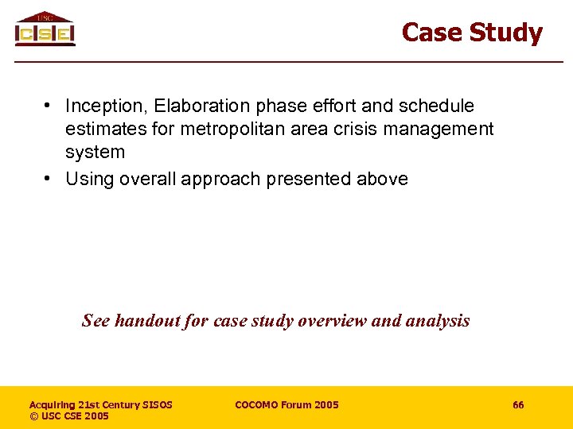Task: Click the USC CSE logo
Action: (x=45, y=29)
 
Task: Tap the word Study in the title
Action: (x=505, y=33)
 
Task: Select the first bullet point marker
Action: (x=49, y=106)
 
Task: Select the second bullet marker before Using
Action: (x=49, y=179)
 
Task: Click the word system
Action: (x=95, y=152)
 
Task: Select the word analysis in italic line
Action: (x=439, y=321)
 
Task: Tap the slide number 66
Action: (x=518, y=405)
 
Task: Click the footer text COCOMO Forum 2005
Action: (x=286, y=405)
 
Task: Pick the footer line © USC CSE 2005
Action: (x=69, y=416)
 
